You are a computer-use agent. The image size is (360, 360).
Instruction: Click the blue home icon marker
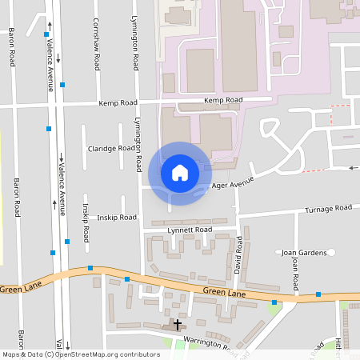point(180,173)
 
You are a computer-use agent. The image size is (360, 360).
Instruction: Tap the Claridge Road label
point(111,148)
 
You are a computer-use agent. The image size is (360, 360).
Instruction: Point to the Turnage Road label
point(329,208)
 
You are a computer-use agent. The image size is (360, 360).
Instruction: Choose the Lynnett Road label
point(190,230)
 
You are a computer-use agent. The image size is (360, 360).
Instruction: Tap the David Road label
point(238,255)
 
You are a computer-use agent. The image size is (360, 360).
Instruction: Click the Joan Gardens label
point(304,253)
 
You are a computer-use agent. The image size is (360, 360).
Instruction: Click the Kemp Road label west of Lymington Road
point(118,103)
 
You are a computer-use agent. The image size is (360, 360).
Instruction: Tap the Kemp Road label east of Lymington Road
point(222,100)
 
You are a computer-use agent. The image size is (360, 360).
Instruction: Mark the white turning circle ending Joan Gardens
point(330,253)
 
